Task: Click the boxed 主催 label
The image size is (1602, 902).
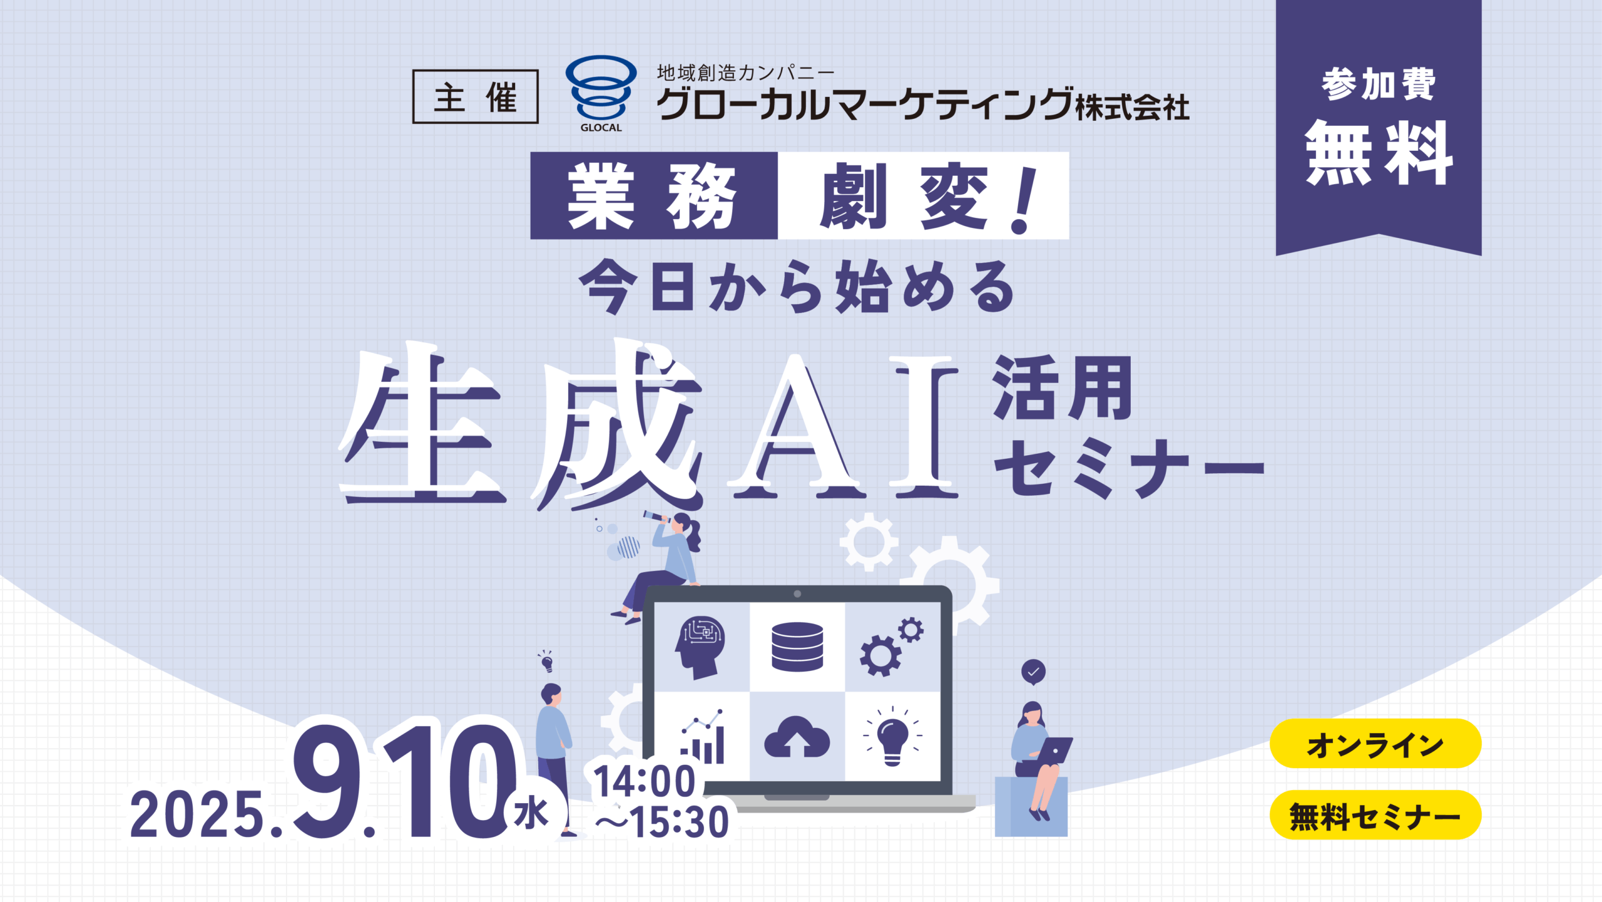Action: (x=475, y=96)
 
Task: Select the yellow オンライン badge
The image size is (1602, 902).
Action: (x=1375, y=744)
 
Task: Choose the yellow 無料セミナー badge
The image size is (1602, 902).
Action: (x=1375, y=815)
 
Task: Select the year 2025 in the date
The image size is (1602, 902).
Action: (x=197, y=814)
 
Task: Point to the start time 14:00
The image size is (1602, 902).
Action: (x=645, y=781)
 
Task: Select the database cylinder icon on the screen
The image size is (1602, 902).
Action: (x=797, y=647)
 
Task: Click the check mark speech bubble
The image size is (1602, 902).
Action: (x=1033, y=672)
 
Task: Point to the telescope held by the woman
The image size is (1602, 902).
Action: (x=656, y=517)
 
